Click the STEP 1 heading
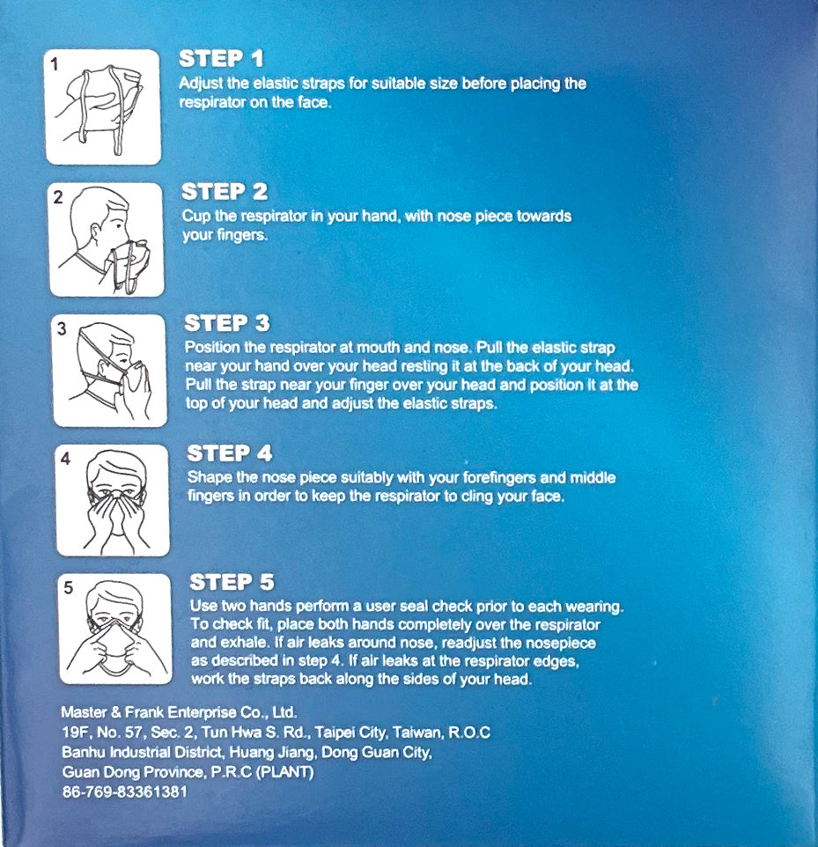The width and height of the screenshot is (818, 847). point(221,58)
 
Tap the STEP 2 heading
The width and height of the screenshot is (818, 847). point(225,191)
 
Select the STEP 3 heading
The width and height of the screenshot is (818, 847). point(227,323)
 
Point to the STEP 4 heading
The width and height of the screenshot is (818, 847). point(230,453)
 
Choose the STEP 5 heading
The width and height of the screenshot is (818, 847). point(232,582)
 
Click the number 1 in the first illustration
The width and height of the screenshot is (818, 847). point(55,65)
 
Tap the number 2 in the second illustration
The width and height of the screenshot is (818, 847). point(58,197)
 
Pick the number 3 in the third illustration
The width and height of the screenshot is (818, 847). point(62,328)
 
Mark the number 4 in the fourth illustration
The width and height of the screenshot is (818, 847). point(65,459)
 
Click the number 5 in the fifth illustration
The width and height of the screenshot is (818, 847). point(68,588)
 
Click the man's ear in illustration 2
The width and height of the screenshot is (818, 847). point(96,233)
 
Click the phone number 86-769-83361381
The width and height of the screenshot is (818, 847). point(125,792)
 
